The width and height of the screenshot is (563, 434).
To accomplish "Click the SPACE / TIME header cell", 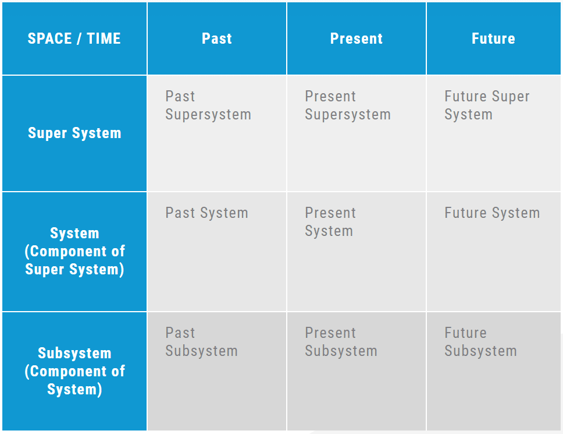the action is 74,38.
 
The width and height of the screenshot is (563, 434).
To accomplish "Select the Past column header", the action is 217,38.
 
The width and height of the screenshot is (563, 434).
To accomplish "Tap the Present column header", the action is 357,38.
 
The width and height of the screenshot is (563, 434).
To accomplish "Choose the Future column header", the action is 494,38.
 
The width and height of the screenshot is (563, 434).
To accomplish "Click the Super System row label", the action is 74,133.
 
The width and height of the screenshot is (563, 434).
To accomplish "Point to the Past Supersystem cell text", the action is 208,105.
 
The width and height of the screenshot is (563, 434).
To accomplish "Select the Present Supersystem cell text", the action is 348,105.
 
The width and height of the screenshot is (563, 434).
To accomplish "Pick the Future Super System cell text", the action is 487,105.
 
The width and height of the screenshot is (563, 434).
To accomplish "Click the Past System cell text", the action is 207,213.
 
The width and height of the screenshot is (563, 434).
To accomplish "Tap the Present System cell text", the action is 330,222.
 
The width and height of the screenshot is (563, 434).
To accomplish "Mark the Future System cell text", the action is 492,213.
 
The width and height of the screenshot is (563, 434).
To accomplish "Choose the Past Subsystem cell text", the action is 201,342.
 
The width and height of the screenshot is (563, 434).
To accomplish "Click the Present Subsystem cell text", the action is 341,342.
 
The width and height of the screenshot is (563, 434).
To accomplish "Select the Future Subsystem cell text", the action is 481,342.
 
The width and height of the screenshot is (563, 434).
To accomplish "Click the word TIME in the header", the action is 104,38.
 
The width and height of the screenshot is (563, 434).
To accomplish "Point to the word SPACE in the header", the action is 50,38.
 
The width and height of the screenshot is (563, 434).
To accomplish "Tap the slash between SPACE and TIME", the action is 79,38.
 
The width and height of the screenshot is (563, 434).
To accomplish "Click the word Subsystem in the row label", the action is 74,353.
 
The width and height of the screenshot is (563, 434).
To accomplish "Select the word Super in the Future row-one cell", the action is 511,96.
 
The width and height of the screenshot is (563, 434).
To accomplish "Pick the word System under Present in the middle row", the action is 329,231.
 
